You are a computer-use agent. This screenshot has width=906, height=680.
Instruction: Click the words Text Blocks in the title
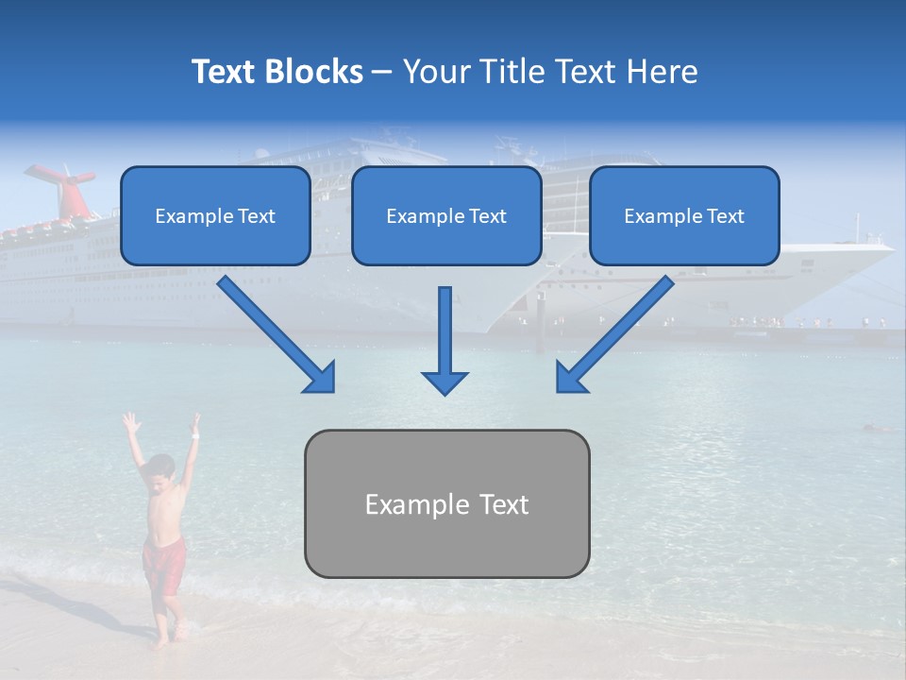pos(277,72)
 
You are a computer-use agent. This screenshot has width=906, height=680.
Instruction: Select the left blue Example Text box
pos(215,216)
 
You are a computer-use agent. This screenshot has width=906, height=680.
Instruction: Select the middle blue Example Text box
pos(446,216)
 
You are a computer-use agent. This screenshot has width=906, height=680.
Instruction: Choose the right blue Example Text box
pos(684,216)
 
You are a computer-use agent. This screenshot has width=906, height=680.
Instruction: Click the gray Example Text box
pos(446,503)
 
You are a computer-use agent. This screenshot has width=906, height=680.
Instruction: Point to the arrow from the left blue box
pos(278,335)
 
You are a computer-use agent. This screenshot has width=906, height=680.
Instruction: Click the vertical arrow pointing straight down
pos(445,340)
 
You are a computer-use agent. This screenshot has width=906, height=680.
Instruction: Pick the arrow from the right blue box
pos(613,335)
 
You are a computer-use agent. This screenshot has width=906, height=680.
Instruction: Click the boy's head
pos(161,468)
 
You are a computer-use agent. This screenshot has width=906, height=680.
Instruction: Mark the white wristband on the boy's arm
pos(194,435)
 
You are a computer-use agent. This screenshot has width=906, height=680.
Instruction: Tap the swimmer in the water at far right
pos(878,430)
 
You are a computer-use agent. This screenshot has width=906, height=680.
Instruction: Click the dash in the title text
pos(382,73)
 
